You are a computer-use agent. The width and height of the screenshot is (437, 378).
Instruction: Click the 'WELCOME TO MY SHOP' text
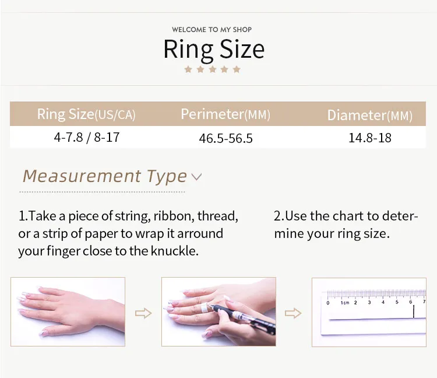point(212,30)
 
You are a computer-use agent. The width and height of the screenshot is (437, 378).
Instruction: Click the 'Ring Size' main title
point(214,50)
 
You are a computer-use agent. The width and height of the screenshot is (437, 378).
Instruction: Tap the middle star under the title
point(212,69)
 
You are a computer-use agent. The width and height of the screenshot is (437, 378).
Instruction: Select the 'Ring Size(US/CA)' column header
point(86,114)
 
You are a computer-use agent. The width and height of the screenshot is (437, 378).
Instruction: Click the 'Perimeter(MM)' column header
point(225,114)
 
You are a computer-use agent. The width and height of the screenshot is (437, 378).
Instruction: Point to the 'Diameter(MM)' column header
point(369,116)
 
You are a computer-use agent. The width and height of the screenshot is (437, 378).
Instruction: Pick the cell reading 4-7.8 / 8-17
point(87,137)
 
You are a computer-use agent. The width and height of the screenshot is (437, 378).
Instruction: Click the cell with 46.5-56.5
point(225,138)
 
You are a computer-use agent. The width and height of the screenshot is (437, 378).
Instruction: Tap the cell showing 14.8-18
point(370,138)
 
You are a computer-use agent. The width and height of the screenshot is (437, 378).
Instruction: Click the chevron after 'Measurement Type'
point(196,177)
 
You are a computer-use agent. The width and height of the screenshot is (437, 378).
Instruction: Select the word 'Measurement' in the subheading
point(82,176)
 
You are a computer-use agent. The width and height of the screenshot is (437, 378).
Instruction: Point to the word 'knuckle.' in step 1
point(175,251)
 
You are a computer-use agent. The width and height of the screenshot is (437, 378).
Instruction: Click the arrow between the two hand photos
point(143,313)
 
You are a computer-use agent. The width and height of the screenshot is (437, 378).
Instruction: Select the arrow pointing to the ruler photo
point(293,313)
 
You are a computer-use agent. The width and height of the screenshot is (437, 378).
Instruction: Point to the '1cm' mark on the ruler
point(345,303)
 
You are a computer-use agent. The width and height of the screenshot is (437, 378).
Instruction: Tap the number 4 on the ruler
point(383,302)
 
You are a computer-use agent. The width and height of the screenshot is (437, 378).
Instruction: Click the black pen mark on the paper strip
point(414,311)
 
